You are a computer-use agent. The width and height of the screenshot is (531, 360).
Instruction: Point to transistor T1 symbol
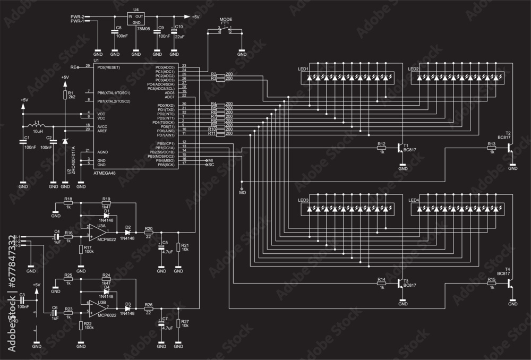coord(400,148)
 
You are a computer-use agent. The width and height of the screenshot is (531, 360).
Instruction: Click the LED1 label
coord(304,70)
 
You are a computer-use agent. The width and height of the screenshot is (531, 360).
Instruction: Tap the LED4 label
coord(414,200)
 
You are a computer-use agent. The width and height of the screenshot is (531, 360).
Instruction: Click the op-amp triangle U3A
coord(96,232)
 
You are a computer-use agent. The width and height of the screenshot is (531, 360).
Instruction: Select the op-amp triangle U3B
coord(96,307)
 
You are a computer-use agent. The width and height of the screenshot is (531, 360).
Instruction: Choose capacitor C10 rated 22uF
coord(174,32)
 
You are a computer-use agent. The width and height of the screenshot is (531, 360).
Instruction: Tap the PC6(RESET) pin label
coord(109,67)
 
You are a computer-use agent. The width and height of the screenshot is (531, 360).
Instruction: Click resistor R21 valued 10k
coord(178,245)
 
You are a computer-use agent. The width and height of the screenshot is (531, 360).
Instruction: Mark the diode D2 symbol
coord(127,233)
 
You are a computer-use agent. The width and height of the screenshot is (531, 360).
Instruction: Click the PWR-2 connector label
coord(77,17)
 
